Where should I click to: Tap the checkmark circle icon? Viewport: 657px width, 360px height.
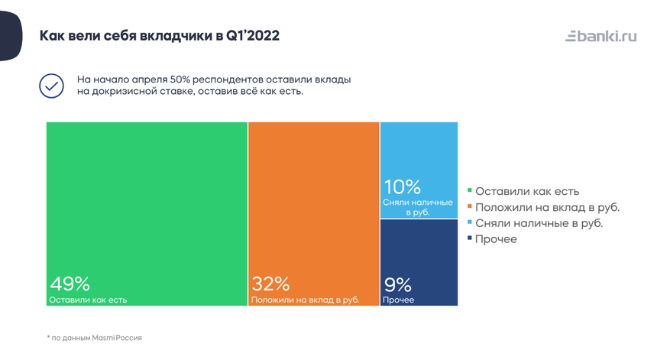[x=51, y=86]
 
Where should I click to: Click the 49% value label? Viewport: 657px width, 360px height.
[x=65, y=284]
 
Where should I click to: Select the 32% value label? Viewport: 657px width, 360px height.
[x=270, y=284]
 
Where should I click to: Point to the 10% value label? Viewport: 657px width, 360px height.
[x=402, y=187]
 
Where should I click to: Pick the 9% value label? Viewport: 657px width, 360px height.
[x=397, y=285]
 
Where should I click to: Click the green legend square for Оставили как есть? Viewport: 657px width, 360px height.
[x=470, y=191]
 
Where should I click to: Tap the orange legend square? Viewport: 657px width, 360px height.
[x=470, y=207]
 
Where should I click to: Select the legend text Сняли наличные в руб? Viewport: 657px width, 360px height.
[x=539, y=223]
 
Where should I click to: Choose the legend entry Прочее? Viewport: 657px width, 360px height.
[x=496, y=239]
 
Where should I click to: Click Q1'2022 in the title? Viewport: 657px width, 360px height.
[x=253, y=36]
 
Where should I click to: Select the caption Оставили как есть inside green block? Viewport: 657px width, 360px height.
[x=88, y=300]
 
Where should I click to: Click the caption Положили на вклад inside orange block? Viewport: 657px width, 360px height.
[x=305, y=300]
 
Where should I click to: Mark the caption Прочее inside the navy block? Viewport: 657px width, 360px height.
[x=399, y=300]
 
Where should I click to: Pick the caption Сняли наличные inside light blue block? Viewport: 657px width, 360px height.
[x=417, y=206]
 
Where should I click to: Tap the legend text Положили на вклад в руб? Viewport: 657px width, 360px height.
[x=547, y=207]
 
